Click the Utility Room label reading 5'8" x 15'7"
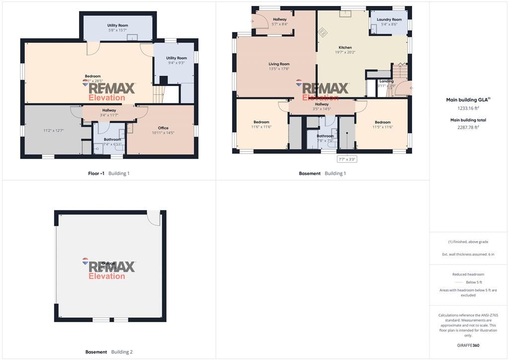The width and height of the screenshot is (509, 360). (x=118, y=27)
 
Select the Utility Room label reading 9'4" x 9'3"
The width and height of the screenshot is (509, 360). (x=176, y=60)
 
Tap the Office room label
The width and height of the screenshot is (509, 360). (x=163, y=130)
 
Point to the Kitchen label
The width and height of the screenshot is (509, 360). (x=345, y=50)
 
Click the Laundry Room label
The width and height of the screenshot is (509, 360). (x=389, y=22)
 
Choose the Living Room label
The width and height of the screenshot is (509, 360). (x=279, y=66)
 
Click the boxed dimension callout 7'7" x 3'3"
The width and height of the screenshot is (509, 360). (x=347, y=159)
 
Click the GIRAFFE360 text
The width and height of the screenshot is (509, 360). (x=468, y=345)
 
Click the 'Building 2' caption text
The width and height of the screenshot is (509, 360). (x=122, y=352)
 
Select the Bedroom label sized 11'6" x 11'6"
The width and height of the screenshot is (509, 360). (x=261, y=124)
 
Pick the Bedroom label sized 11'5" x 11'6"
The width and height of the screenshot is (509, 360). (x=383, y=124)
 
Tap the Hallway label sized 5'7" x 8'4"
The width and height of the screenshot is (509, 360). (x=280, y=21)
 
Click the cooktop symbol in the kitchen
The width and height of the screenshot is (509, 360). (x=323, y=32)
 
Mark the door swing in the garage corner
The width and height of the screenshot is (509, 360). (x=154, y=218)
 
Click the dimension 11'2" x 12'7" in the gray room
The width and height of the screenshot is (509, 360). (x=54, y=131)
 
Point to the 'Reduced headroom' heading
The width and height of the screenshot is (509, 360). (x=468, y=274)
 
